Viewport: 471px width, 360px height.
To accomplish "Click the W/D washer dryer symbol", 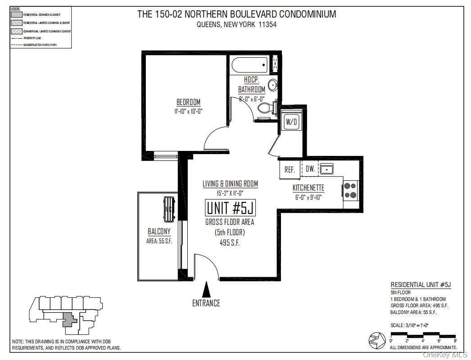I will (291, 122).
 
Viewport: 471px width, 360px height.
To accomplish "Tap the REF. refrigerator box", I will (290, 170).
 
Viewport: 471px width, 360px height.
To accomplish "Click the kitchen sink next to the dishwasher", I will (326, 169).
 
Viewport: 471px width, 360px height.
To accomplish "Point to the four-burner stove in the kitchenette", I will (350, 190).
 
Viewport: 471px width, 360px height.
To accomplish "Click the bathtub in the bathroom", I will (250, 65).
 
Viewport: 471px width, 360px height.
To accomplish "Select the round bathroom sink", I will (272, 85).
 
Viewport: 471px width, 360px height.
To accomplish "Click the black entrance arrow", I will (206, 288).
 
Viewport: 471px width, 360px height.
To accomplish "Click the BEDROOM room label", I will (188, 102).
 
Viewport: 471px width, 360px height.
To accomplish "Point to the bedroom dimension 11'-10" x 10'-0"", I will (188, 111).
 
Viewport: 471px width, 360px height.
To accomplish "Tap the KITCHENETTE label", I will (308, 187).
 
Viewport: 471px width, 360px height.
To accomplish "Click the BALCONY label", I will (159, 232).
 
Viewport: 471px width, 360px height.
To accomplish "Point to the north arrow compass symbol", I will (376, 341).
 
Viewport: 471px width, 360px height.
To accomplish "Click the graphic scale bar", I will (423, 335).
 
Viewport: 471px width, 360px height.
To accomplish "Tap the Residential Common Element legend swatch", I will (16, 14).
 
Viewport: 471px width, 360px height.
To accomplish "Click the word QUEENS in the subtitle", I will (208, 25).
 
